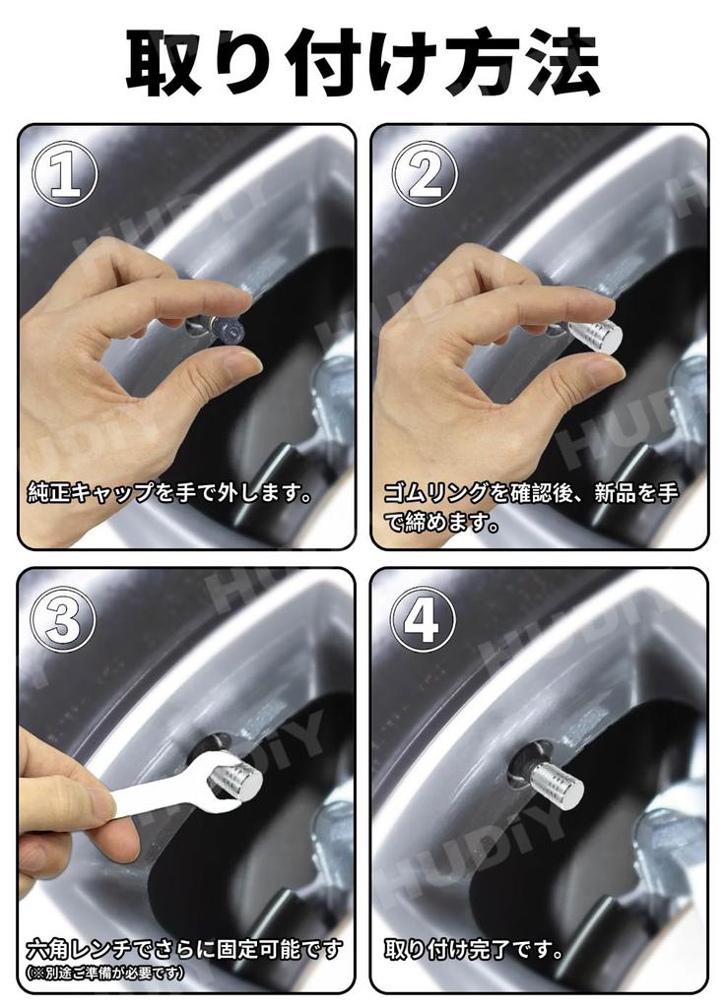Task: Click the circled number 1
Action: pos(65,173)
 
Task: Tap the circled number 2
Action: pos(425,173)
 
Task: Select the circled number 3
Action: pos(63,620)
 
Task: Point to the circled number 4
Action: pos(423,620)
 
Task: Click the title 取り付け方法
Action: pos(363,62)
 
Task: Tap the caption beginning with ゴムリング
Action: pos(531,507)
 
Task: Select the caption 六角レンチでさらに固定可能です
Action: pos(184,949)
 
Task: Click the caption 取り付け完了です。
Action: pos(474,949)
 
